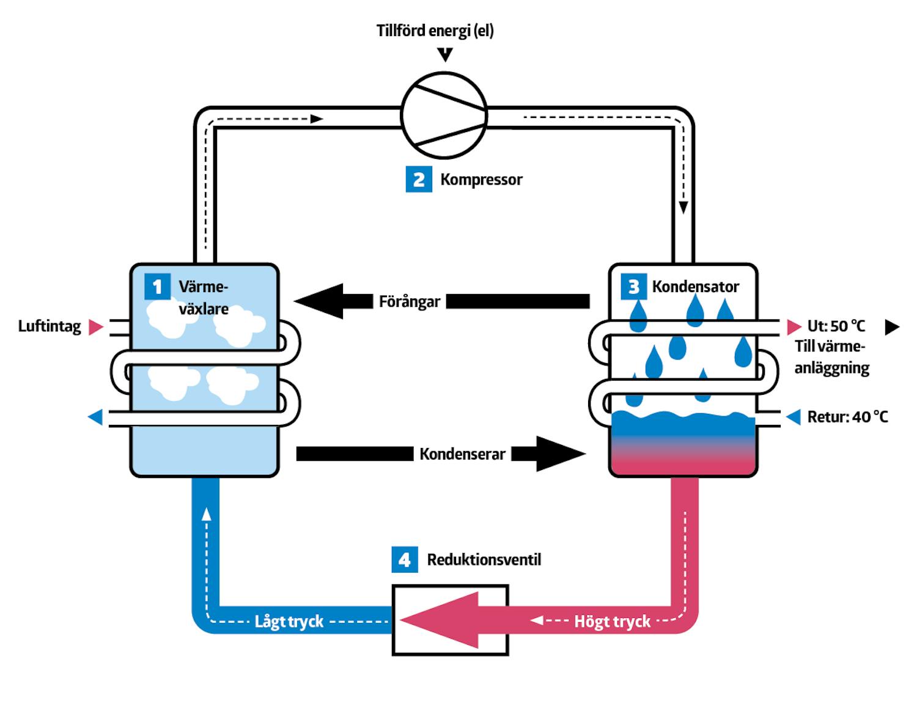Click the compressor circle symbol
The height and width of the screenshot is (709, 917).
[x=444, y=116]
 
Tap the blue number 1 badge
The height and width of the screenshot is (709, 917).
[x=157, y=287]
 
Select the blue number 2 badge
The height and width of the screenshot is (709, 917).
[x=419, y=179]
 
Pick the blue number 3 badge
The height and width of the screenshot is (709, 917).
[x=633, y=286]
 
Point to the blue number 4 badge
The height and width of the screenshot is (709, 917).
[x=404, y=559]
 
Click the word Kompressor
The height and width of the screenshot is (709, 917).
[x=481, y=180]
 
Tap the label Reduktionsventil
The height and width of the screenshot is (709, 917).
[x=484, y=559]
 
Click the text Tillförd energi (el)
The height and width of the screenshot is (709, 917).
[x=435, y=31]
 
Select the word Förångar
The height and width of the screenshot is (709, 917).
[x=409, y=301]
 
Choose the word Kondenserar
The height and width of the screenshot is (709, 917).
[x=462, y=454]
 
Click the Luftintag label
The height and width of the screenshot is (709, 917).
[x=50, y=326]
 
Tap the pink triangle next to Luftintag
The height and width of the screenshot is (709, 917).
[x=95, y=327]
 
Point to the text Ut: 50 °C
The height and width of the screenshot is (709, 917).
[x=836, y=326]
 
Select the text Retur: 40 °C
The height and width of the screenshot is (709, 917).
[x=847, y=417]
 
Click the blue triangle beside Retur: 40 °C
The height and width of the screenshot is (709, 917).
[x=794, y=417]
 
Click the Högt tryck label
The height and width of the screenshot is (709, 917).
[x=612, y=622]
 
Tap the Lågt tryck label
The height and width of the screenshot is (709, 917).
[x=289, y=622]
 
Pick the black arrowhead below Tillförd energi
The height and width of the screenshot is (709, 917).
[x=446, y=55]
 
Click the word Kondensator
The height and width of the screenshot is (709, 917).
[x=695, y=286]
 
